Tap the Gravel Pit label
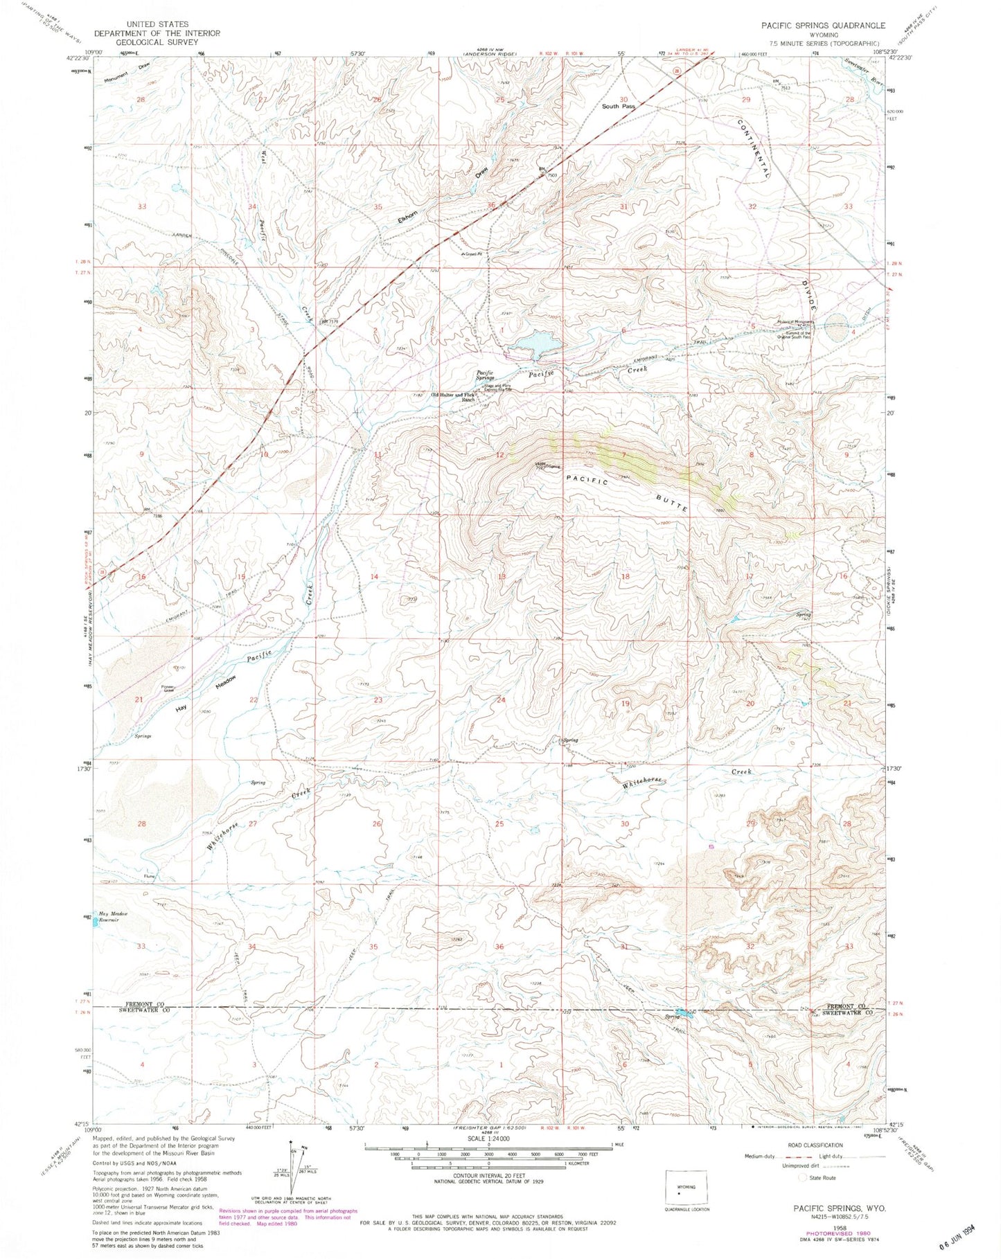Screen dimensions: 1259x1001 (x=473, y=254)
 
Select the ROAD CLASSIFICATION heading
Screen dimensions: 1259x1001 (x=815, y=1145)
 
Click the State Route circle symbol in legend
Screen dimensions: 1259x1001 (x=803, y=1177)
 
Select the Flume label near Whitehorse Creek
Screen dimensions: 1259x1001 (x=150, y=877)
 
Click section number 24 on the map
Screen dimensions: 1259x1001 (x=502, y=700)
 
